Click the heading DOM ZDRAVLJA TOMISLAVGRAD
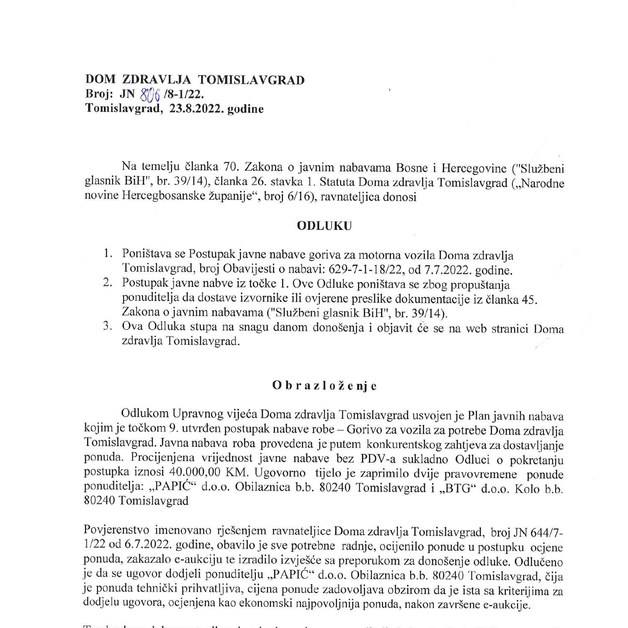tap(195, 80)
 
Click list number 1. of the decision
tap(108, 254)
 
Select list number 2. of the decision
tap(108, 283)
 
